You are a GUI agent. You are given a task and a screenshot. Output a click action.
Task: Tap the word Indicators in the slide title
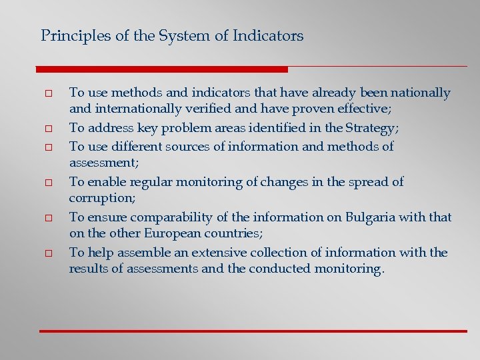click(268, 36)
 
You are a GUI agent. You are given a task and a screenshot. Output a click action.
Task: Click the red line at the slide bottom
click(253, 331)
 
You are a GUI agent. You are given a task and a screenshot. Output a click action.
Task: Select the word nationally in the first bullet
click(421, 93)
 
